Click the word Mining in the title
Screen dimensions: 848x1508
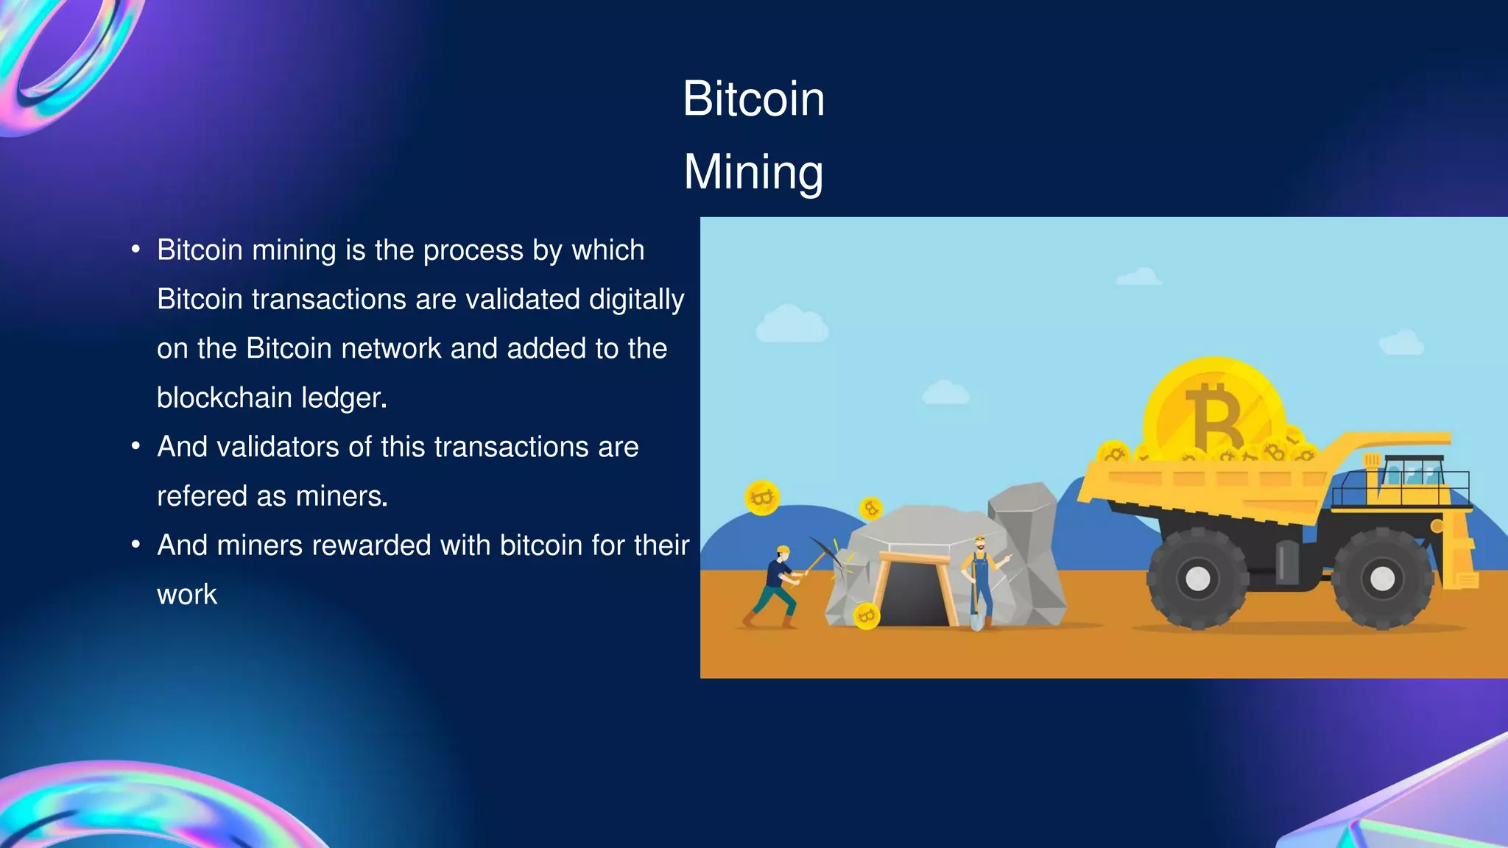pyautogui.click(x=753, y=172)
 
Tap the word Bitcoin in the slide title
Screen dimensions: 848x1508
pyautogui.click(x=753, y=99)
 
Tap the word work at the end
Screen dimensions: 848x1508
pyautogui.click(x=187, y=595)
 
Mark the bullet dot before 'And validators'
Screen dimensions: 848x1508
pyautogui.click(x=135, y=447)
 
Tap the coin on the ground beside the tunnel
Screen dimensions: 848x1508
pyautogui.click(x=866, y=615)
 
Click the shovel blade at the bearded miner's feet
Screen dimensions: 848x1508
pyautogui.click(x=976, y=623)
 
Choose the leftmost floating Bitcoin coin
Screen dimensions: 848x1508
pyautogui.click(x=762, y=498)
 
